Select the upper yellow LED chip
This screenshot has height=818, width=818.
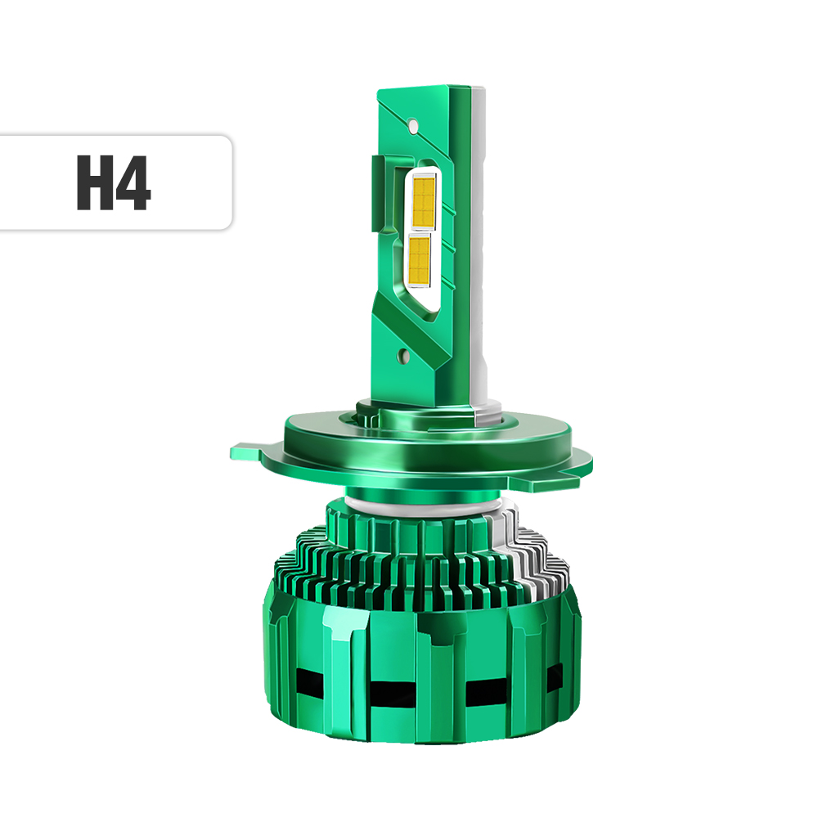coord(423,202)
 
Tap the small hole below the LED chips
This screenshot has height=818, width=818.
coord(403,355)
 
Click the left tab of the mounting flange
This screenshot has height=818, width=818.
coord(249,451)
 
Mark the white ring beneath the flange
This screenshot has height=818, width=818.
coord(425,503)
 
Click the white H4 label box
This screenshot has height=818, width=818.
coord(115,182)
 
